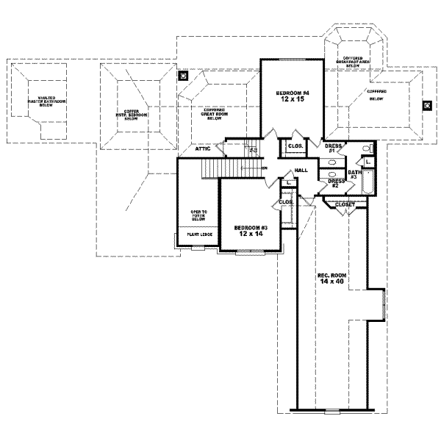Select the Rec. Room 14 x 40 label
coord(331,279)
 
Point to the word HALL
coord(301,170)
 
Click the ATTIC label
coord(204,148)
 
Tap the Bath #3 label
coord(354,174)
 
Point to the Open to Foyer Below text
coord(199,215)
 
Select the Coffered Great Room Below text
coord(215,118)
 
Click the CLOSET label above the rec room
coord(345,204)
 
